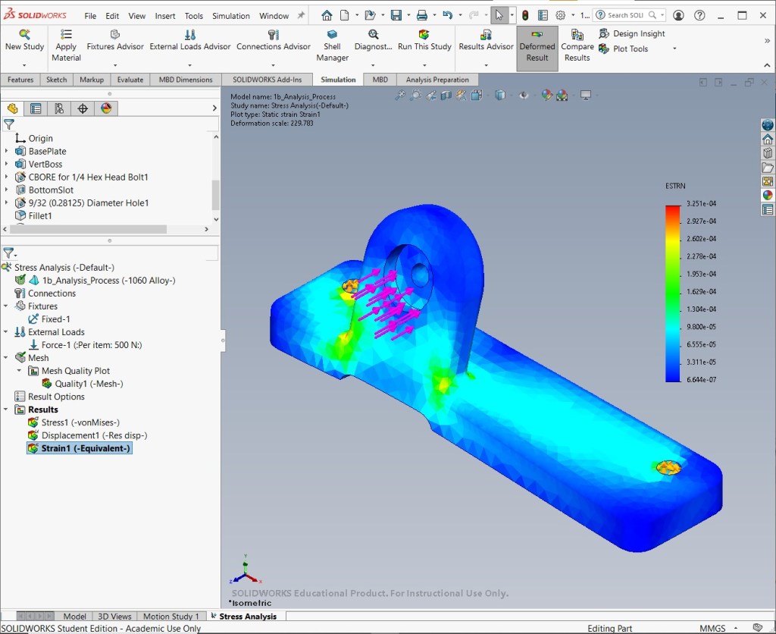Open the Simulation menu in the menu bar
(x=230, y=16)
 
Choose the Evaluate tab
(x=130, y=79)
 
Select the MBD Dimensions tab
(x=186, y=79)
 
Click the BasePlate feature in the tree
(x=47, y=151)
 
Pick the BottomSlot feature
(x=51, y=190)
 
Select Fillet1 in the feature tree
(x=39, y=215)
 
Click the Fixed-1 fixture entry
(x=55, y=319)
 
